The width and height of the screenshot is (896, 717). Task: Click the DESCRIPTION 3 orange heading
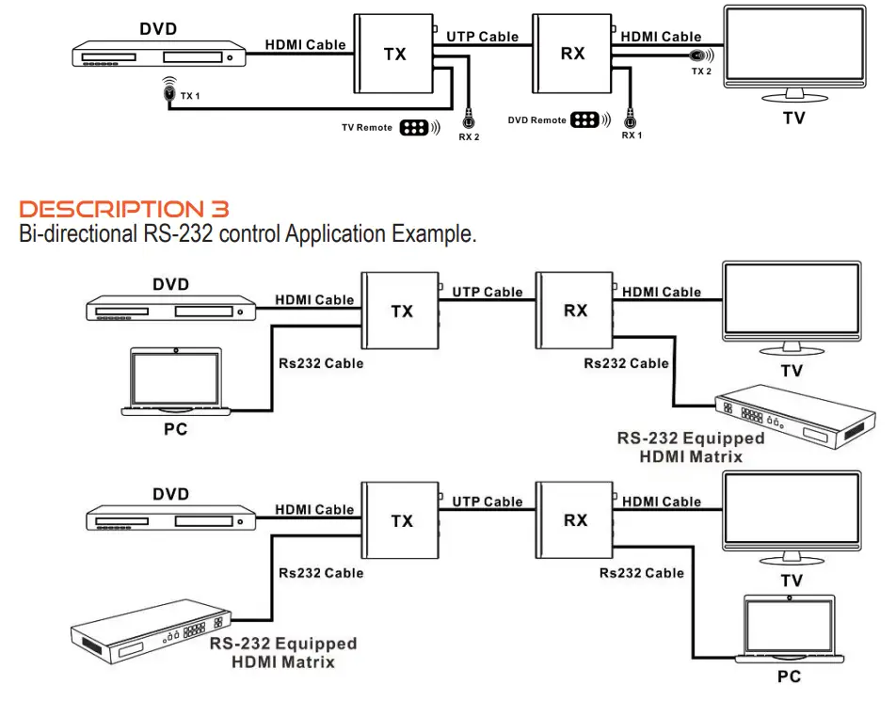124,208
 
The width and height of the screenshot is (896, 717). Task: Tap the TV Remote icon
414,128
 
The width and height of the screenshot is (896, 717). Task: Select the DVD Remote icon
585,120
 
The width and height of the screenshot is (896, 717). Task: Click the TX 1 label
190,96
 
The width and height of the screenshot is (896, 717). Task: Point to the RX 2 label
469,137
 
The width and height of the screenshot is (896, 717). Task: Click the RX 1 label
632,135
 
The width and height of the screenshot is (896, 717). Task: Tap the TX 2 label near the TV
701,72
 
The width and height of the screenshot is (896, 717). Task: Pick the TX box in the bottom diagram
402,520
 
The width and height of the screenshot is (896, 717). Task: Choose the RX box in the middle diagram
575,310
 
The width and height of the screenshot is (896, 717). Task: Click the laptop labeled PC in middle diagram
176,382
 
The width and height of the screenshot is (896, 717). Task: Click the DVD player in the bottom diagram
171,519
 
